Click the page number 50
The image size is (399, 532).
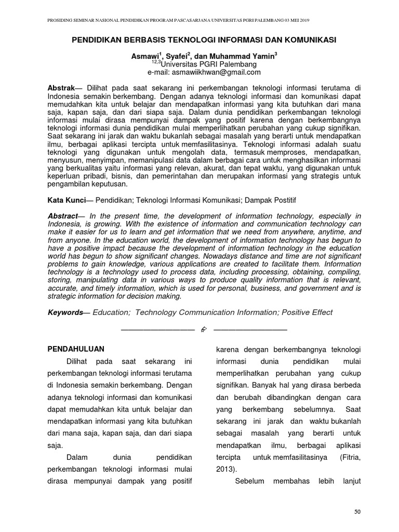(x=357, y=512)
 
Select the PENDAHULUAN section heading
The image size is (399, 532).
(x=76, y=349)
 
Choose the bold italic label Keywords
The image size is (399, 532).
(x=65, y=312)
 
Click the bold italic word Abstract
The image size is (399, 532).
(x=62, y=216)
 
